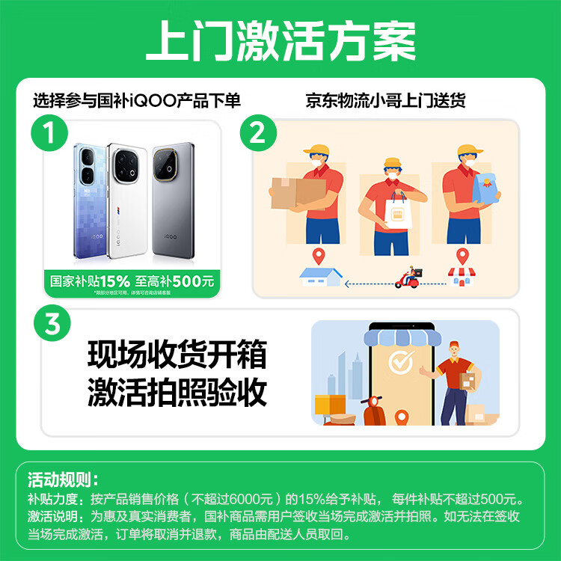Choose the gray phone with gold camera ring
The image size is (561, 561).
click(x=177, y=202)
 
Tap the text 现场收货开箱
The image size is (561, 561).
click(x=177, y=355)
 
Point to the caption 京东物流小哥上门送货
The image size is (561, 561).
click(x=385, y=100)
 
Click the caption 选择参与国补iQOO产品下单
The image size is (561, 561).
click(x=137, y=100)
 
